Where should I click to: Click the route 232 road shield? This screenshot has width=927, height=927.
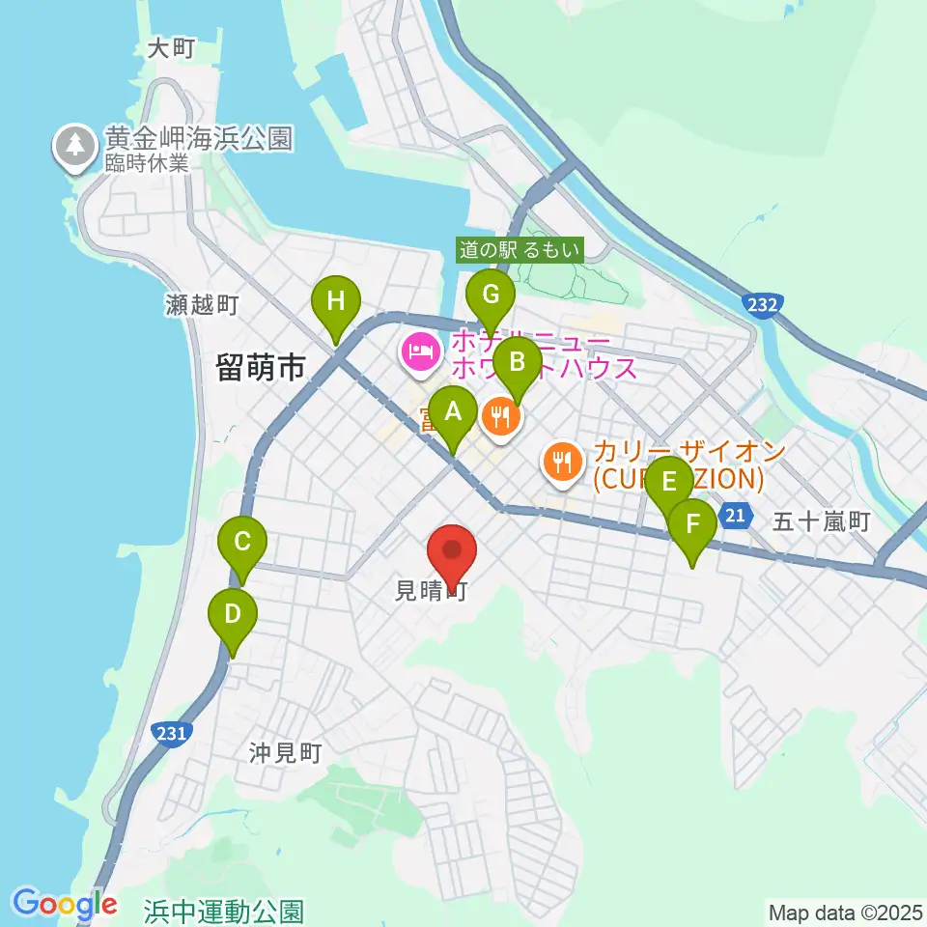[x=762, y=305]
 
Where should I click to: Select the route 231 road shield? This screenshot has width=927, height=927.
[x=169, y=734]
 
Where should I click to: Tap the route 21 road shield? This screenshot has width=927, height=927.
[x=735, y=517]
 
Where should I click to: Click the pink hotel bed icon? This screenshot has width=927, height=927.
[x=419, y=351]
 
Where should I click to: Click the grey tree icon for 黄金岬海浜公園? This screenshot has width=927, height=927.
[x=74, y=147]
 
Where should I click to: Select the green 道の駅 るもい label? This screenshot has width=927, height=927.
[x=520, y=251]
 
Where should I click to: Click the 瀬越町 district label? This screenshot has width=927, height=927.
[x=202, y=306]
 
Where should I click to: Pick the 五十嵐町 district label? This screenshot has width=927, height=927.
[x=822, y=522]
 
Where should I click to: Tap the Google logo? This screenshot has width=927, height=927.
[x=65, y=905]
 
